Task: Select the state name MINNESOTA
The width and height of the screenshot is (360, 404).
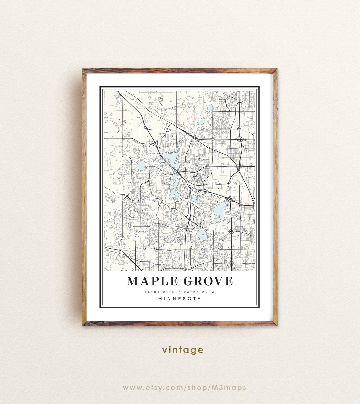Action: (180, 299)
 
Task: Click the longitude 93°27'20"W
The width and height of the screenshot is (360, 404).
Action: (200, 292)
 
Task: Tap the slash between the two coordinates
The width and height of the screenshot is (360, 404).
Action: (180, 292)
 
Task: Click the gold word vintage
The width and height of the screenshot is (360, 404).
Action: (183, 350)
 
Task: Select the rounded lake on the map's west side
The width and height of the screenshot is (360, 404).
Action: (141, 165)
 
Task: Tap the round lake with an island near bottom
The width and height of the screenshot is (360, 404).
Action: (202, 235)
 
